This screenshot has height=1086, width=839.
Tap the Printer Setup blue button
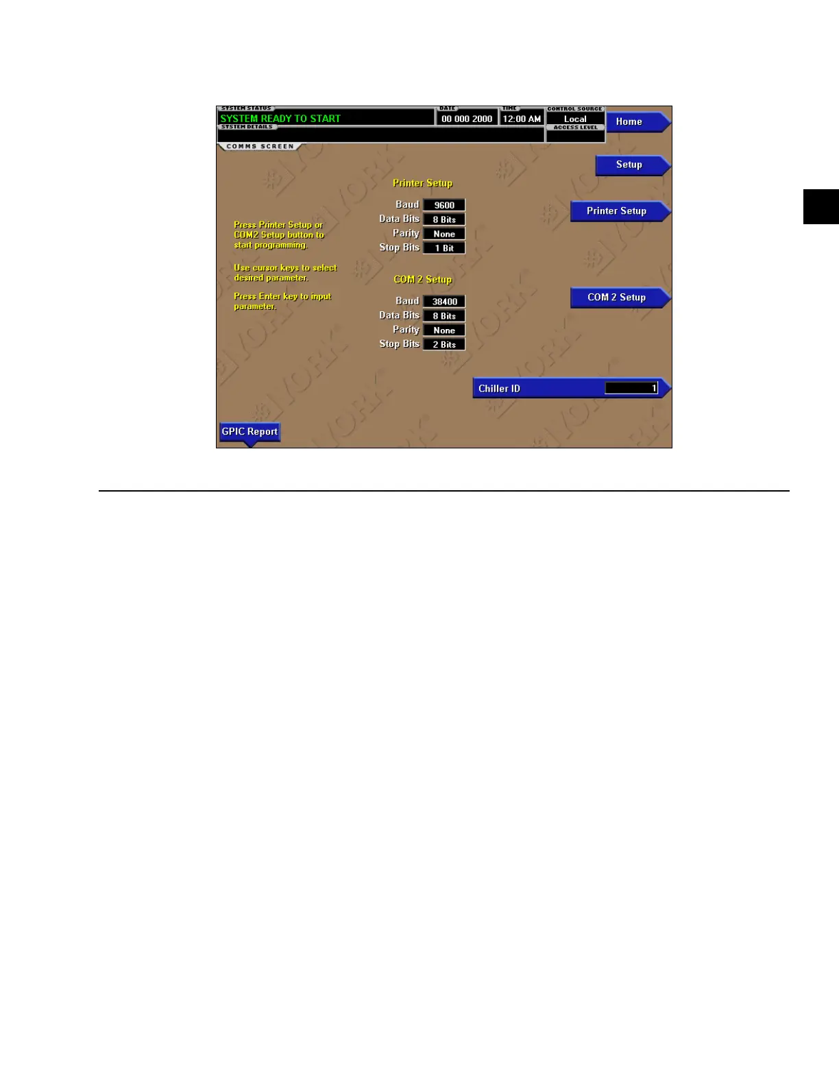(617, 211)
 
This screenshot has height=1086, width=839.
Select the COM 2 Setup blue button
(617, 298)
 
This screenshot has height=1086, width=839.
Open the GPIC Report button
(250, 432)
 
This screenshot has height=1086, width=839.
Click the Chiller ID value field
(631, 389)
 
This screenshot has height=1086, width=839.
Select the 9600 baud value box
(444, 205)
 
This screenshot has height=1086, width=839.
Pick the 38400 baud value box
(444, 302)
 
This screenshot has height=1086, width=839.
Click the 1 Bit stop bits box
(444, 248)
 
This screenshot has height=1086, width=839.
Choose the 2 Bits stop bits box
(444, 345)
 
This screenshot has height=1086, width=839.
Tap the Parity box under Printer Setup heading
(444, 234)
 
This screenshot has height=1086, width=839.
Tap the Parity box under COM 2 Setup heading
(444, 330)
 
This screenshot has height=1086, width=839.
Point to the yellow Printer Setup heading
(422, 183)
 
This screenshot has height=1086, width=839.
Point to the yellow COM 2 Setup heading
(422, 280)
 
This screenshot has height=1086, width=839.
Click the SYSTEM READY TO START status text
(280, 119)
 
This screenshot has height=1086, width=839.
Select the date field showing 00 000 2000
(467, 119)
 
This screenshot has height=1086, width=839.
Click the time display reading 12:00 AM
(522, 119)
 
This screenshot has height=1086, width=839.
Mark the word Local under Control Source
(575, 119)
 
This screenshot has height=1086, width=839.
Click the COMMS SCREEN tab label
(260, 147)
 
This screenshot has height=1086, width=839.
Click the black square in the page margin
(820, 206)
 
